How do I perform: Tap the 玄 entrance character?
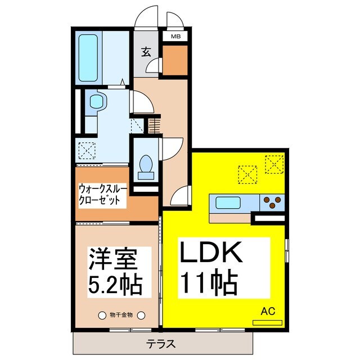(x=146, y=52)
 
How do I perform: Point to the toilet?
(x=146, y=165)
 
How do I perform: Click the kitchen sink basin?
(x=228, y=202)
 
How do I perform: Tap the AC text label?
(x=268, y=309)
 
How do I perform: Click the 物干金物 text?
(x=121, y=315)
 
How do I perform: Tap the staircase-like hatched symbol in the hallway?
(x=155, y=125)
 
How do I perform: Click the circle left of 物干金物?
(x=102, y=315)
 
